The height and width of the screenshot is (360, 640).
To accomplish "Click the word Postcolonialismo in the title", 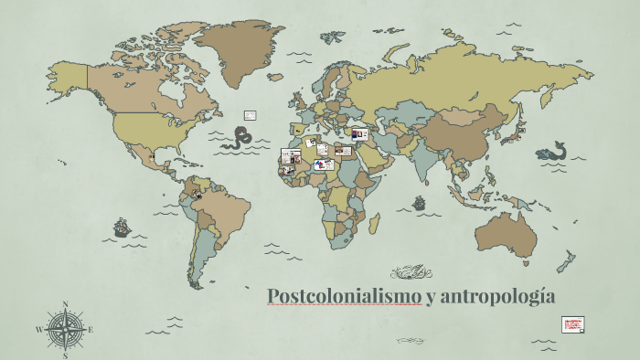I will (345, 296).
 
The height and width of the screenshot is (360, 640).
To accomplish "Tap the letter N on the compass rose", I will (66, 305).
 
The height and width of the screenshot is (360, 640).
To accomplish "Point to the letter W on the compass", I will (39, 330).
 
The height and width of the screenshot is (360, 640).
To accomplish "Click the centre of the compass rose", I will (66, 329).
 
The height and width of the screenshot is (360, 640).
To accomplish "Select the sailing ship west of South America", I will (121, 226).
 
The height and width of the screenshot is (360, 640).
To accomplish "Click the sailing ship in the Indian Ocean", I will (419, 203).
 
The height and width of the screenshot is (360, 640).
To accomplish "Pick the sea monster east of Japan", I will (554, 150).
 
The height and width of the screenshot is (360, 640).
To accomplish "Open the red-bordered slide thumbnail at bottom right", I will (572, 324).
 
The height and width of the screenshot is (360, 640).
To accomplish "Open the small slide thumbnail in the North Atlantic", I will (249, 115).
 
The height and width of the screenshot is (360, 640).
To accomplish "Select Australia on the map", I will (507, 232).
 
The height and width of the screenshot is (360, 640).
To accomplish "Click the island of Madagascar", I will (375, 223).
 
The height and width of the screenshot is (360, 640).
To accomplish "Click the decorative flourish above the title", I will (411, 270).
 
